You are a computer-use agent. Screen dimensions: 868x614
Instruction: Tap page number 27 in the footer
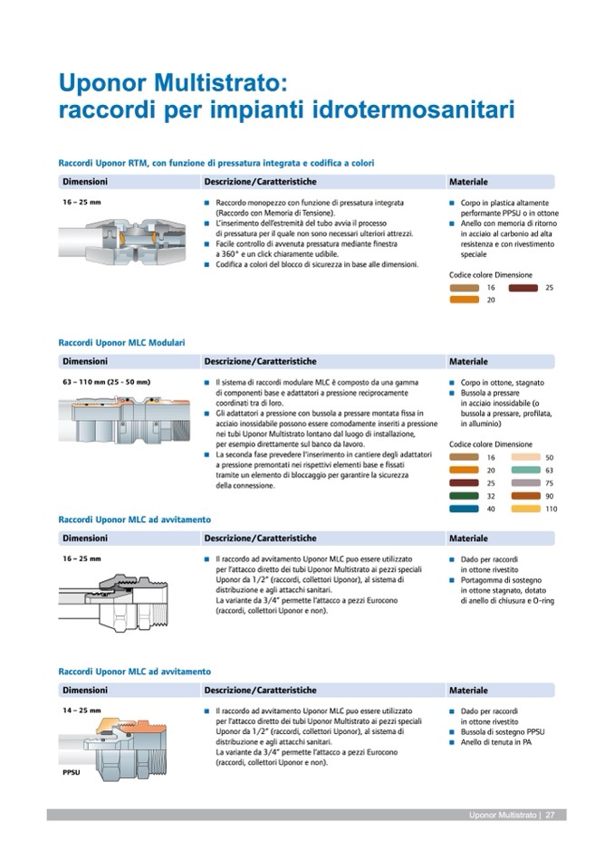(550, 815)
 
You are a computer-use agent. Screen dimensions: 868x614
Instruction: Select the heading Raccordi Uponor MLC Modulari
(121, 343)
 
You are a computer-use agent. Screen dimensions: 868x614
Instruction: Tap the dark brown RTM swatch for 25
(523, 287)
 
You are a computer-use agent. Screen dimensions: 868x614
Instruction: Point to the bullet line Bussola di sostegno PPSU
(503, 731)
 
